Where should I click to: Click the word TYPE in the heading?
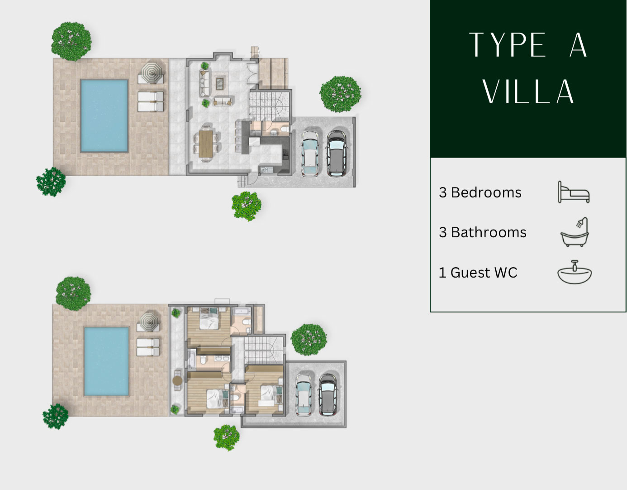pyautogui.click(x=507, y=45)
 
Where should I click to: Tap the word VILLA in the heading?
pyautogui.click(x=528, y=91)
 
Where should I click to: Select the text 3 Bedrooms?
pyautogui.click(x=480, y=192)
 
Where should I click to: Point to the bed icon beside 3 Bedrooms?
pyautogui.click(x=574, y=192)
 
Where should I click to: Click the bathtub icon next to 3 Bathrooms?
pyautogui.click(x=575, y=232)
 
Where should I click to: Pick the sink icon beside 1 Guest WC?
pyautogui.click(x=575, y=272)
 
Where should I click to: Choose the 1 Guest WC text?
pyautogui.click(x=478, y=273)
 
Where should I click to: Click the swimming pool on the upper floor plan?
pyautogui.click(x=104, y=116)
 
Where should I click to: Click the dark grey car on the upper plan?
pyautogui.click(x=337, y=153)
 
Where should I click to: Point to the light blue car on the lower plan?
pyautogui.click(x=304, y=395)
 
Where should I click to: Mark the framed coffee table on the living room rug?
pyautogui.click(x=221, y=84)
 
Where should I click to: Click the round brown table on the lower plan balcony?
pyautogui.click(x=177, y=380)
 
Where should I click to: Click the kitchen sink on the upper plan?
pyautogui.click(x=265, y=170)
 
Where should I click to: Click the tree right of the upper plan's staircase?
pyautogui.click(x=340, y=94)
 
